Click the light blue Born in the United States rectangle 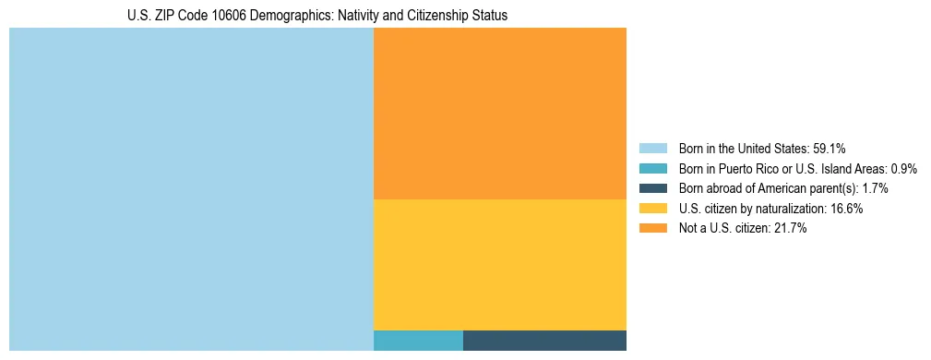click(191, 189)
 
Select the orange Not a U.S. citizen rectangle click(499, 114)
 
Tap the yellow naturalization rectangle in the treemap click(499, 264)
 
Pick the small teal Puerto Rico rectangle click(418, 340)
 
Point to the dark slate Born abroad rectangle click(544, 340)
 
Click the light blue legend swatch click(652, 149)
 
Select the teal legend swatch click(652, 169)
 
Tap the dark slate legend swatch click(652, 188)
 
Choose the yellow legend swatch click(652, 209)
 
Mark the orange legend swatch click(652, 229)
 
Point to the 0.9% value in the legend click(903, 169)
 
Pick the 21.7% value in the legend click(791, 229)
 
